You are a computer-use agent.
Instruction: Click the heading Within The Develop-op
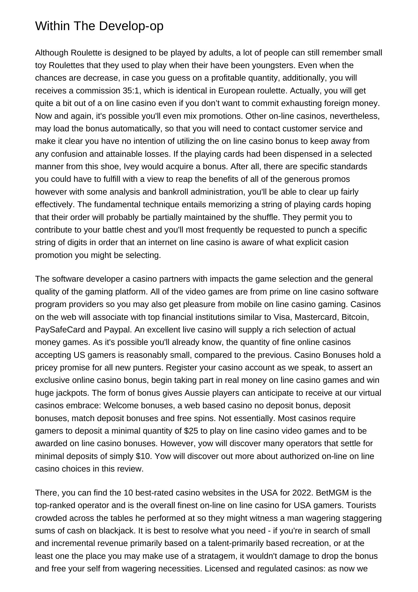[x=99, y=26]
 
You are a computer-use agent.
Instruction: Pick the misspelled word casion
[x=336, y=242]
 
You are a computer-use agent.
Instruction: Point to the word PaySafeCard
[x=60, y=330]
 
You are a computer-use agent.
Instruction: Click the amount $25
[x=191, y=431]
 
